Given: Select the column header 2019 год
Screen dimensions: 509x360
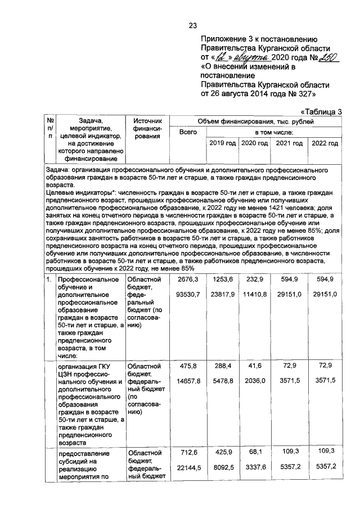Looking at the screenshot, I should (x=222, y=143).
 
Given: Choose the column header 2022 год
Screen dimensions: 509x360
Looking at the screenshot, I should (x=325, y=143).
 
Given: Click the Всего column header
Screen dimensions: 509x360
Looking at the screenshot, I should (x=187, y=132).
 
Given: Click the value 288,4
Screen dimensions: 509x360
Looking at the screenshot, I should (x=223, y=366).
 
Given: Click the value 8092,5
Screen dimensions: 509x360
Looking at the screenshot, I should (x=223, y=467).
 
